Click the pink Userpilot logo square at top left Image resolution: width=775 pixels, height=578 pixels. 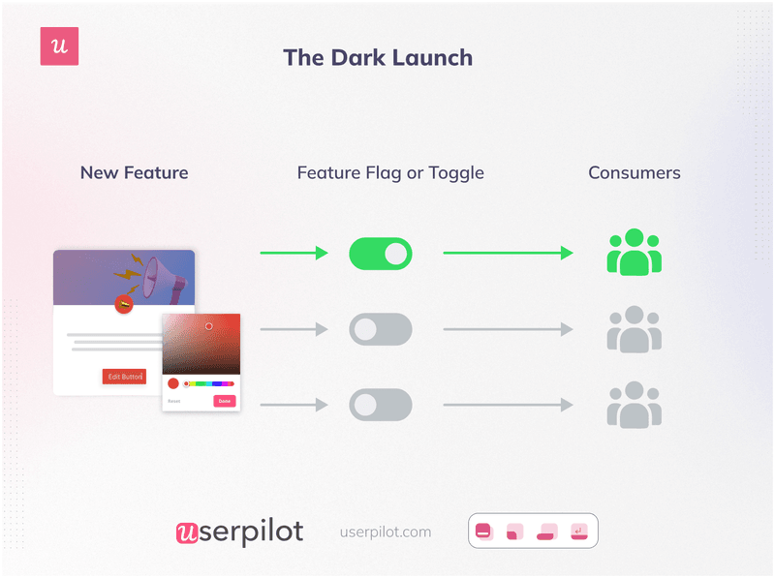point(59,46)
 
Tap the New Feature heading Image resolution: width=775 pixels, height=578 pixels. point(134,173)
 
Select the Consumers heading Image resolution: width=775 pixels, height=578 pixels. point(634,173)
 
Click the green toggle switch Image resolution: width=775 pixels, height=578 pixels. point(380,254)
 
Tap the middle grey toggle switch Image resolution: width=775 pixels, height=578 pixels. point(380,329)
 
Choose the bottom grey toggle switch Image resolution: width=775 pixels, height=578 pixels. point(380,405)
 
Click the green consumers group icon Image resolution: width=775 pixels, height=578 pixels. point(634,252)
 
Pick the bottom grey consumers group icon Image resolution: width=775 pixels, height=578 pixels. point(634,405)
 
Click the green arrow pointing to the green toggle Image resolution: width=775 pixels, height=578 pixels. point(294,254)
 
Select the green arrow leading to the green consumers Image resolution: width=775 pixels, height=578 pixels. point(508,254)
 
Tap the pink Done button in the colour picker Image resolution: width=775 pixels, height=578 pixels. point(224,401)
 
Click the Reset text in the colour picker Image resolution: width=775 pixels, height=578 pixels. point(174,401)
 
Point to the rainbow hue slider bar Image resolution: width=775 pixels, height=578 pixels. point(209,383)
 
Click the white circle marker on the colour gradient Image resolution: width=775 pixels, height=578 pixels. point(208,326)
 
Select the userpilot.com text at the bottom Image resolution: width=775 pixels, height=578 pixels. point(386,532)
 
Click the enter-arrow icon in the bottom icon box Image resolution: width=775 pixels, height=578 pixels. point(579,531)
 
